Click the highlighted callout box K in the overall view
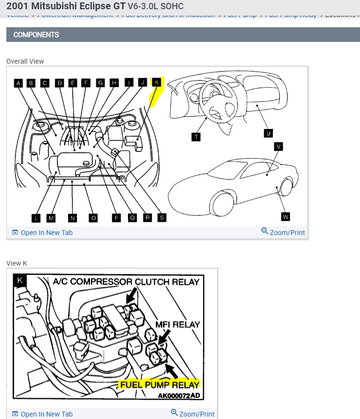coord(157,83)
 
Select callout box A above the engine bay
coord(18,83)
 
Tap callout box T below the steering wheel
coord(196,137)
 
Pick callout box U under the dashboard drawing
coord(268,133)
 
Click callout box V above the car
coord(279,146)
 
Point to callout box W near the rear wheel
coord(286,216)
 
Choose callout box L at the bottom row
coord(36,218)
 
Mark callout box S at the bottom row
coord(162,218)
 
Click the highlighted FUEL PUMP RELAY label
coord(159,384)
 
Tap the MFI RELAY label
coord(178,324)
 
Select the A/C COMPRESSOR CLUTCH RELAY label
coord(126,282)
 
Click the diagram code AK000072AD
coord(179,395)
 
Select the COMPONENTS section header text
coord(36,35)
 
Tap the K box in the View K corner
coord(20,280)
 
